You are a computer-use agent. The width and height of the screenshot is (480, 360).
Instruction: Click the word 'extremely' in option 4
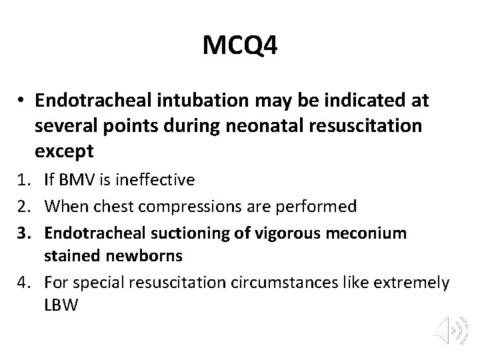[411, 283]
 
